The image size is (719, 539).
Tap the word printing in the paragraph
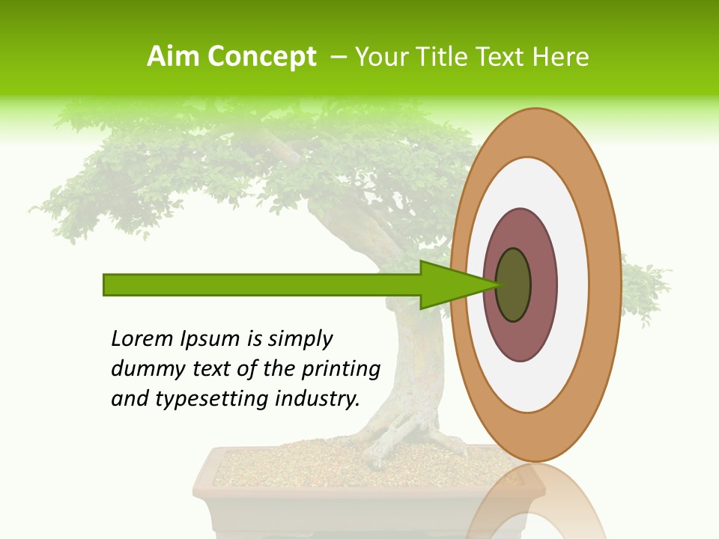(340, 369)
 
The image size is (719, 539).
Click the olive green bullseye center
(514, 284)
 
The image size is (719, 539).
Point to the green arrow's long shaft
(262, 284)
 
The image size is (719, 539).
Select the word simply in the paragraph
(300, 338)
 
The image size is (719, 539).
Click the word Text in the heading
(504, 56)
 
